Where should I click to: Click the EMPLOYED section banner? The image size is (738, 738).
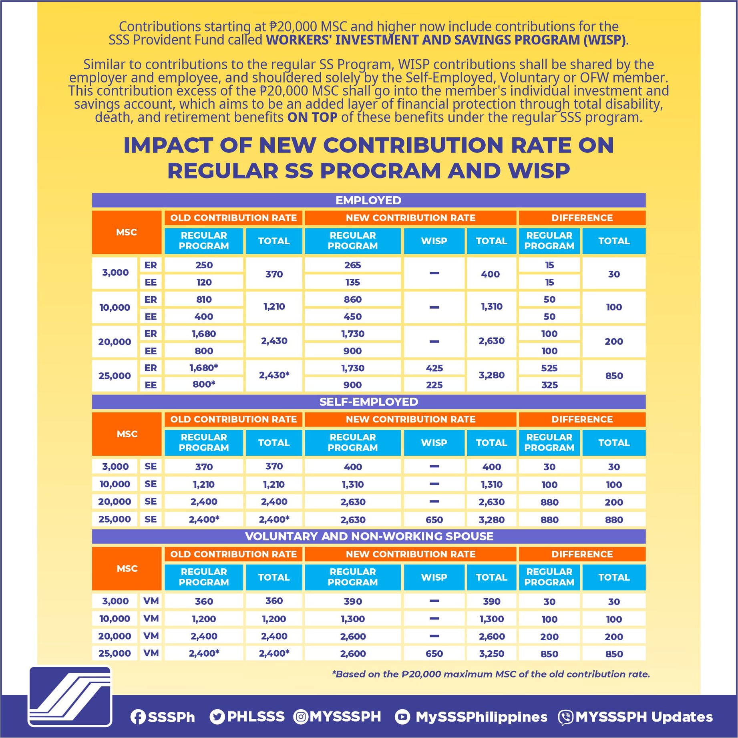coord(368,200)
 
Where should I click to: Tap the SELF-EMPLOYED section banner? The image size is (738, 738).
coord(368,402)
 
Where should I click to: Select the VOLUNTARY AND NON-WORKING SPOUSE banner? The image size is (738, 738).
coord(368,536)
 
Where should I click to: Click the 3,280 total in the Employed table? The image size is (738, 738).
coord(491,376)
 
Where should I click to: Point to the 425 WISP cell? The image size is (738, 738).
coord(434,368)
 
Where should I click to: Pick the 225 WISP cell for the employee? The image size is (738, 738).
coord(434,385)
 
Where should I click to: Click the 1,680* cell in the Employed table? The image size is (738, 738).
coord(203,368)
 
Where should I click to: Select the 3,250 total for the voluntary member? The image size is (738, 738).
coord(491,654)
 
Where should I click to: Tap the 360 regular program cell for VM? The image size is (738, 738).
coord(203,601)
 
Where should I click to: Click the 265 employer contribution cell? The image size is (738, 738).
coord(352,265)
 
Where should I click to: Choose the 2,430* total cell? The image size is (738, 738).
coord(274,375)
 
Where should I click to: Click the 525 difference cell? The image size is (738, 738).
coord(549,368)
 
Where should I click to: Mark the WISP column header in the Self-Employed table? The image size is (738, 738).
coord(434,442)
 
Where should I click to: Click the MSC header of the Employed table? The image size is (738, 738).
coord(127,232)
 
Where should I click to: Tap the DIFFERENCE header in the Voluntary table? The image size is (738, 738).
coord(582,554)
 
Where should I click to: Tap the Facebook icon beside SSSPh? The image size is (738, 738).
coord(138,717)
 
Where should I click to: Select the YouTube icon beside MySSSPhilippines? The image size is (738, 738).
coord(402,717)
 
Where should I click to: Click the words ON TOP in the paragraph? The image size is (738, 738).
coord(312,117)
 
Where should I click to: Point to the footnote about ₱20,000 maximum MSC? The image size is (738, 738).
coord(491,674)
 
